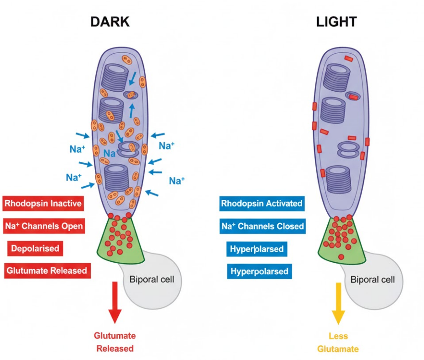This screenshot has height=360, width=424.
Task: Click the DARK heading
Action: click(x=110, y=22)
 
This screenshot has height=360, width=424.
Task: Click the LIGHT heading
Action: click(x=336, y=22)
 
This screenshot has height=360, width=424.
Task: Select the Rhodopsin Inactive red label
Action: click(x=43, y=203)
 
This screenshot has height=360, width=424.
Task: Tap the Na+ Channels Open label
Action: click(x=44, y=226)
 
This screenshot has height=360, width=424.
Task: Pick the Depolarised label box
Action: click(x=35, y=248)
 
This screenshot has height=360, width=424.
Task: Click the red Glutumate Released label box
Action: click(x=46, y=270)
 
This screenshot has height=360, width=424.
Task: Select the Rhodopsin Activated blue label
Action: click(x=262, y=203)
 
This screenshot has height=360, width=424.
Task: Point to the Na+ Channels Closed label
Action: click(x=262, y=226)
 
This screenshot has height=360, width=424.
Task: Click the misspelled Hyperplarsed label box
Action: click(x=257, y=249)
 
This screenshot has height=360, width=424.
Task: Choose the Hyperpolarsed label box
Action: click(x=259, y=271)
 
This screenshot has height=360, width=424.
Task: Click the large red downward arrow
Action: click(x=115, y=303)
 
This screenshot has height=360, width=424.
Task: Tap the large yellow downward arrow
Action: click(x=338, y=303)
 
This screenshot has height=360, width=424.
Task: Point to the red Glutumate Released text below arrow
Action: click(x=115, y=342)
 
